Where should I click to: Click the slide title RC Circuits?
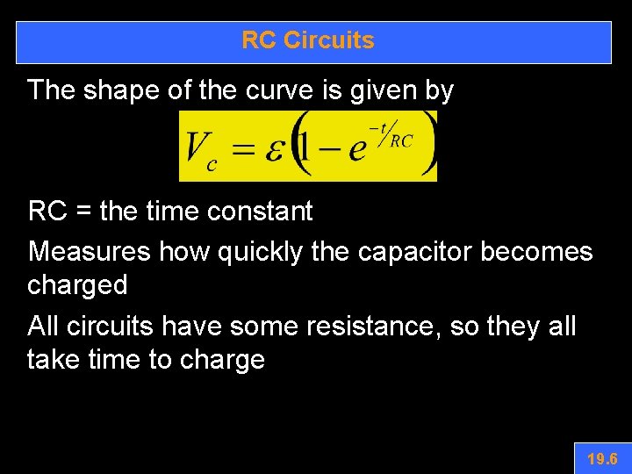[x=308, y=40]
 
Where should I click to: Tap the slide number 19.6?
[x=602, y=458]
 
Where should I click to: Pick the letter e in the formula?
[x=356, y=150]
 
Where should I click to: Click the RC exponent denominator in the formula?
[x=401, y=140]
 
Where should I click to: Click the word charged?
[x=77, y=285]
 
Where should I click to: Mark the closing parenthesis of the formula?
[x=427, y=146]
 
